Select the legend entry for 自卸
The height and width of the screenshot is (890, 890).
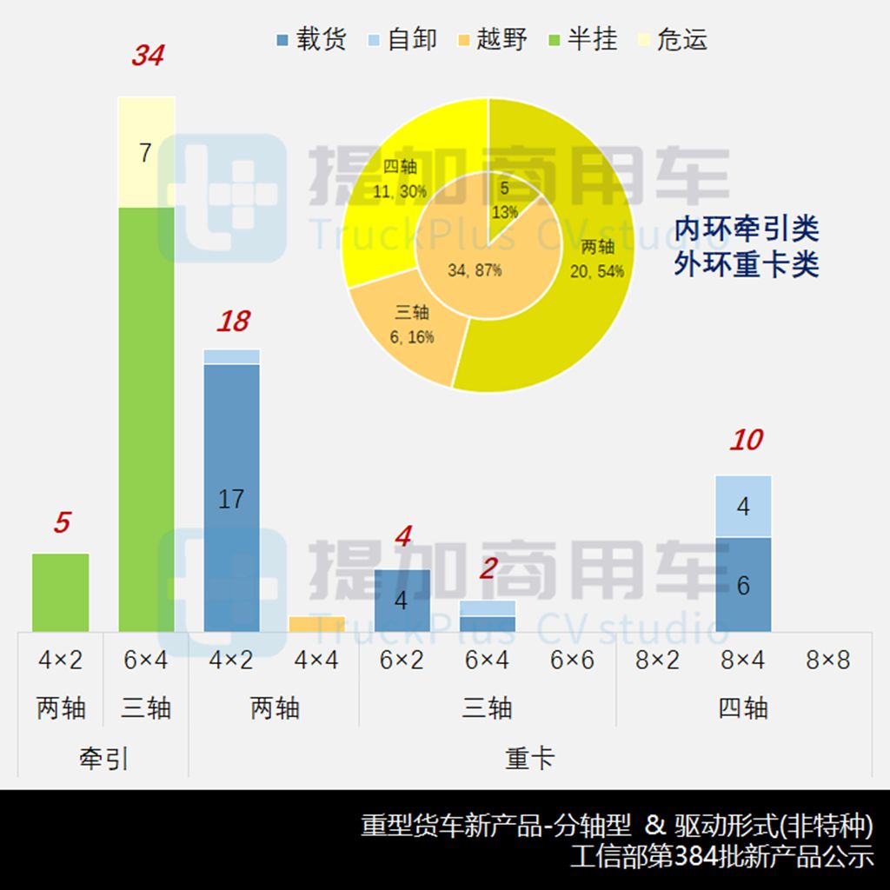pos(402,39)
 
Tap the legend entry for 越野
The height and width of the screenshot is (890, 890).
pos(491,39)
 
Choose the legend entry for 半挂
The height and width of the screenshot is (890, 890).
pos(581,39)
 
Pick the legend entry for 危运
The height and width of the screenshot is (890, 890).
pos(672,39)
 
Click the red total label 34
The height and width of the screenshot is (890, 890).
pos(148,56)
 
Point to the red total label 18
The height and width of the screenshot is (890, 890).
pos(233,322)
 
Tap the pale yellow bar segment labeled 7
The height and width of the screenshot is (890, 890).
pos(146,152)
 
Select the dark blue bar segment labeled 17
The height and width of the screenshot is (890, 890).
pos(231,498)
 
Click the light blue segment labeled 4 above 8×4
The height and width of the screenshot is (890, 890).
pos(743,506)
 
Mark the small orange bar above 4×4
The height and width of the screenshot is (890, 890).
pos(316,624)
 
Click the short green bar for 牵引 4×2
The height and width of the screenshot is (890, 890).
pos(61,592)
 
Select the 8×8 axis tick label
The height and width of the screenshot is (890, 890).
pos(827,661)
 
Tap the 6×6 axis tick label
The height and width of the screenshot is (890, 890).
pos(572,661)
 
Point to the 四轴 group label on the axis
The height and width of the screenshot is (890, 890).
pos(743,708)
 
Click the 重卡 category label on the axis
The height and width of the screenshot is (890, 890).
pos(529,758)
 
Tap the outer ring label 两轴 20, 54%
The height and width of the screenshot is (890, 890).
pos(597,258)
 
